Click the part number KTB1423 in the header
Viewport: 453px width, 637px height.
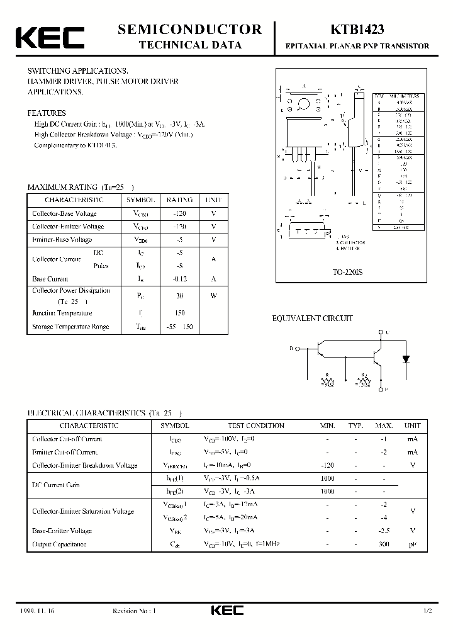click(357, 30)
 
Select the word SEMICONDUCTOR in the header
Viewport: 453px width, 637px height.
click(189, 29)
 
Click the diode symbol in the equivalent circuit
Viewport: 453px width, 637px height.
click(406, 359)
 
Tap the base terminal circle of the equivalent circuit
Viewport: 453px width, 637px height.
click(298, 347)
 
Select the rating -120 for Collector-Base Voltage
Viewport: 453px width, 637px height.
click(179, 213)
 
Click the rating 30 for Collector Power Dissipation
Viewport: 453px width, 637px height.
click(179, 296)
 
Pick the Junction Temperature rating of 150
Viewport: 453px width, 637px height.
click(179, 313)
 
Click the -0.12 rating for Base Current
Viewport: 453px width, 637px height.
click(179, 278)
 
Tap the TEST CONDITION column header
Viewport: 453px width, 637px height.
click(247, 426)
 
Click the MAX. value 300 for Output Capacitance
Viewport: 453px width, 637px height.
click(383, 544)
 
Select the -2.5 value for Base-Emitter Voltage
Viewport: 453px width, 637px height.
click(383, 531)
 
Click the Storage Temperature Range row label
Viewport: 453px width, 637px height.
click(70, 327)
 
